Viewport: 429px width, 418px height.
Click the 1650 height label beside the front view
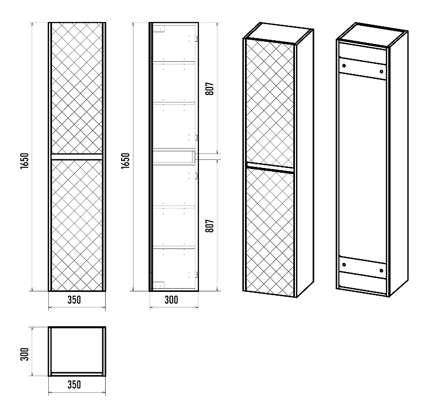25,160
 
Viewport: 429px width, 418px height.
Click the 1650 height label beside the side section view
125,160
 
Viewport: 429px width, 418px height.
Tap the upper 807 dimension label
210,89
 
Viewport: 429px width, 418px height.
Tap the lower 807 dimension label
210,226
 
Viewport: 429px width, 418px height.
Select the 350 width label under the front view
74,300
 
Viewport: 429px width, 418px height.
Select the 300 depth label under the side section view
171,300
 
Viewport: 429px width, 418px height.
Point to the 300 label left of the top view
25,354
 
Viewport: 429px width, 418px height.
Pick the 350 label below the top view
74,385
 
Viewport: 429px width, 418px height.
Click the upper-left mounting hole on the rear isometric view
344,65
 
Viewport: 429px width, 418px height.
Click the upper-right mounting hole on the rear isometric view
381,72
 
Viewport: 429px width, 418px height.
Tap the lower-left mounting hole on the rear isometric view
344,265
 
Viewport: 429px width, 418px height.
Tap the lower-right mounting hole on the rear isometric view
381,271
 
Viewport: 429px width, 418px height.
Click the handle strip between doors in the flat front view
77,157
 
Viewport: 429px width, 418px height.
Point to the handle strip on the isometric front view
270,167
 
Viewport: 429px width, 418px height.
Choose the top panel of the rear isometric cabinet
372,34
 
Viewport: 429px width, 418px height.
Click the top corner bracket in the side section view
158,29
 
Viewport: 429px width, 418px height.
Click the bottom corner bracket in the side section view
158,285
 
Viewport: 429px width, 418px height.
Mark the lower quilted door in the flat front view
77,225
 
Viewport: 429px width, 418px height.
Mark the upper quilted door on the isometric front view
270,102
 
